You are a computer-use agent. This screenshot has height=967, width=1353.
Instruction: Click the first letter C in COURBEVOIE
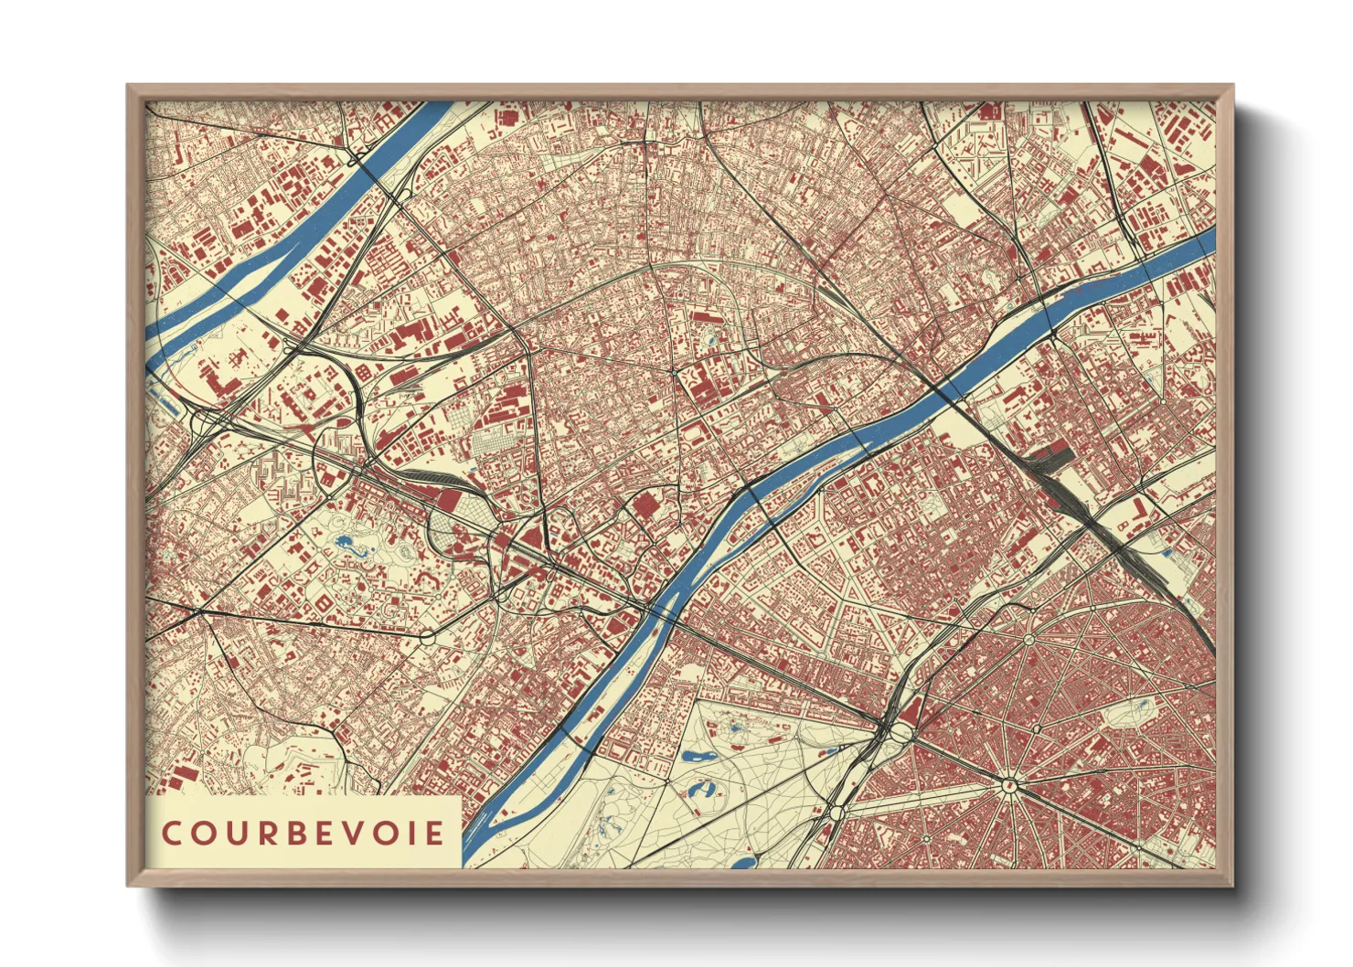pos(171,834)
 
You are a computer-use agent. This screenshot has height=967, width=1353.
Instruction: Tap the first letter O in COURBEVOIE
pos(203,834)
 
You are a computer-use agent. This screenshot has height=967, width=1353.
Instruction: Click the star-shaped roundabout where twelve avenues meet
pos(1008,783)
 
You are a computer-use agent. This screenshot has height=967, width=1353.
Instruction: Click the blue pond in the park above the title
pos(346,543)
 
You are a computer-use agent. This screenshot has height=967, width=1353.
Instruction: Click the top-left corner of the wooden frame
pos(129,87)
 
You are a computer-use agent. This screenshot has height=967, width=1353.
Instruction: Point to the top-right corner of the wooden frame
pos(1231,87)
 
